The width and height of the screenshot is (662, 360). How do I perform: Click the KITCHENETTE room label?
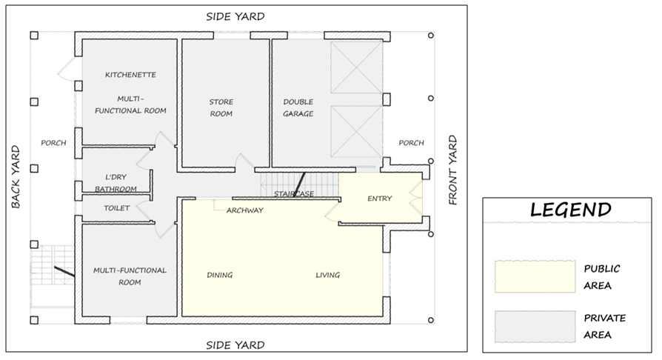130,75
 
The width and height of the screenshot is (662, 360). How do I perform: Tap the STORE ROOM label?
221,107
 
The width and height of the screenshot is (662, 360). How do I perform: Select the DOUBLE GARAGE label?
298,107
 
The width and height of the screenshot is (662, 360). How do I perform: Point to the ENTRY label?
380,199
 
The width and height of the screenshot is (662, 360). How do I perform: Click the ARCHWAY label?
245,210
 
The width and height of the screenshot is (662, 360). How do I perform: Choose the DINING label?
219,275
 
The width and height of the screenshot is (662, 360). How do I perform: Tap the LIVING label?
327,275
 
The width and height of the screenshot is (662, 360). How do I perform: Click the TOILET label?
116,208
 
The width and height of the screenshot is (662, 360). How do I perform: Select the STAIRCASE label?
294,194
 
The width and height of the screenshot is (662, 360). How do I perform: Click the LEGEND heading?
571,210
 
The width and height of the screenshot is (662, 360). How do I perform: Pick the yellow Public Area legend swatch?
535,276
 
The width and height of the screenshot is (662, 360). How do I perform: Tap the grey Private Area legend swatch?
535,327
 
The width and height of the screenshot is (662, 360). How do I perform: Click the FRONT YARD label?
452,170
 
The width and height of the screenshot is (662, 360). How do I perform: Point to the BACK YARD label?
16,177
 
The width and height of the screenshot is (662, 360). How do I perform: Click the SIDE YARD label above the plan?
235,16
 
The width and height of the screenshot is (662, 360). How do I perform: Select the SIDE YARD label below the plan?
235,345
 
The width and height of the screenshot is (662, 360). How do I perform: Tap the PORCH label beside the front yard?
411,143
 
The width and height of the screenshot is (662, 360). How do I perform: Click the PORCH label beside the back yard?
53,143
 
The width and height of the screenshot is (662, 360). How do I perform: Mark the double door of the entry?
416,199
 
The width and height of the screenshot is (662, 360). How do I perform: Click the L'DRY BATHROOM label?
116,183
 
